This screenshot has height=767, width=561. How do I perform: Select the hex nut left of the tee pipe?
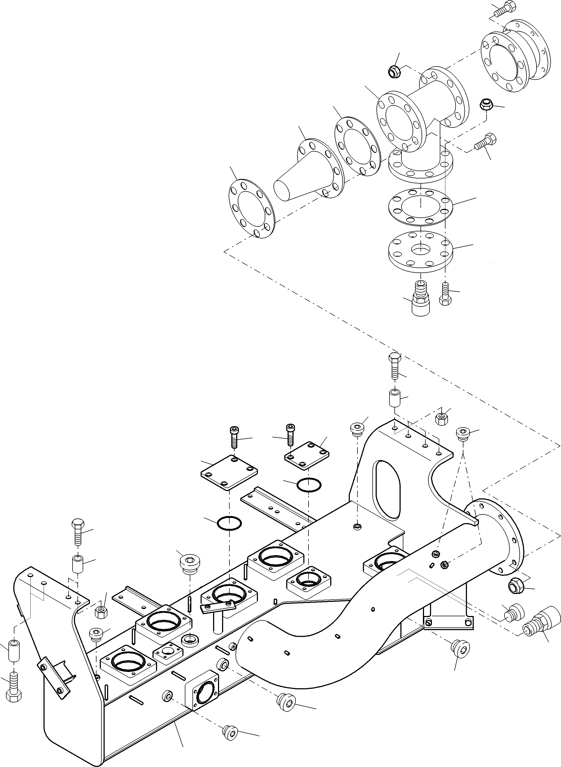(394, 72)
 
